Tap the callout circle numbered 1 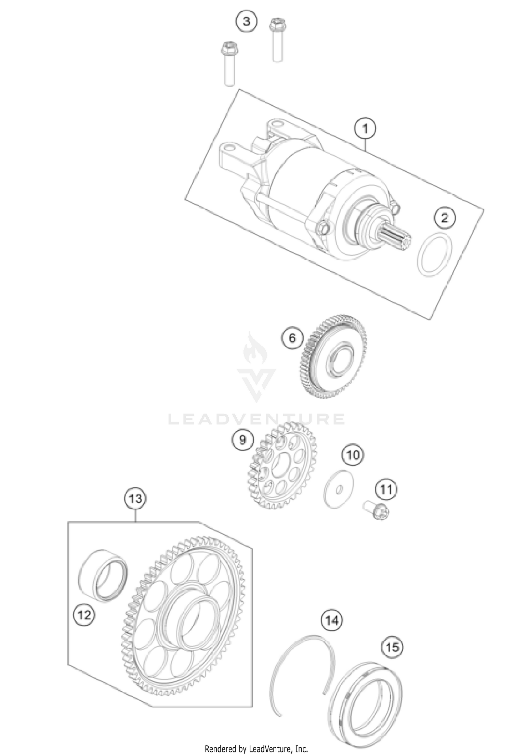coord(365,129)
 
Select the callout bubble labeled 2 coord(445,218)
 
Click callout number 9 coord(242,440)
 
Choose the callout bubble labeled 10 coord(353,455)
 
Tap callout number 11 coord(386,490)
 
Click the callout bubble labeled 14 coord(332,620)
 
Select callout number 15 coord(392,648)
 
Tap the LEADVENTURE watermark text coord(256,419)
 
